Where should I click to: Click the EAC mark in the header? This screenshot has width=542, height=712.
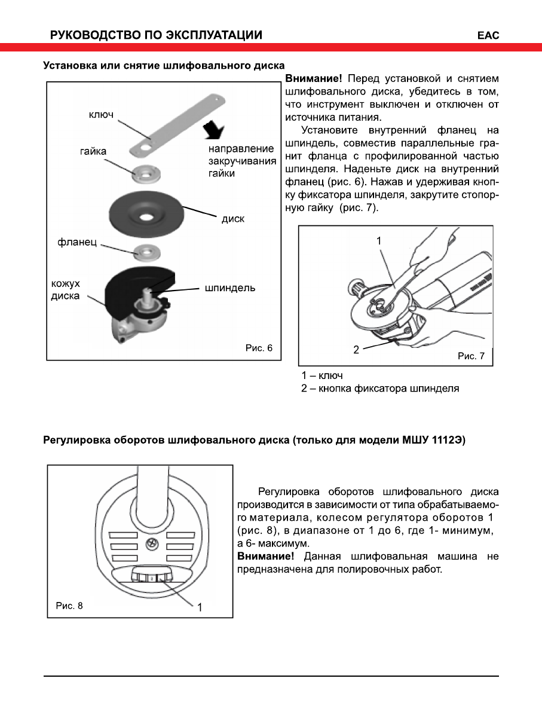[488, 35]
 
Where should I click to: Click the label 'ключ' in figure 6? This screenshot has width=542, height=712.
[101, 114]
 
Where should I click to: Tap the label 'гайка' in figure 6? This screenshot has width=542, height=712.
[93, 151]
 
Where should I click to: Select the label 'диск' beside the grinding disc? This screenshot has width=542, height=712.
[232, 218]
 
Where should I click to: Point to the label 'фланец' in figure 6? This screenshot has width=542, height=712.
[77, 243]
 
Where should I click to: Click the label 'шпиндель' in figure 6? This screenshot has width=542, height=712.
[230, 288]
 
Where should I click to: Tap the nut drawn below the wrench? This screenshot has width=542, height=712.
[145, 173]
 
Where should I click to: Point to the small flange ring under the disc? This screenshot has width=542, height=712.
[144, 251]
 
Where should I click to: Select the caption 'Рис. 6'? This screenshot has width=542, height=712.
[259, 347]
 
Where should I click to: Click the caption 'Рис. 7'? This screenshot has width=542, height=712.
[471, 356]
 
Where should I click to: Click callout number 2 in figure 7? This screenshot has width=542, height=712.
[356, 350]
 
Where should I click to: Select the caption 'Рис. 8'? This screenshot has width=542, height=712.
[69, 606]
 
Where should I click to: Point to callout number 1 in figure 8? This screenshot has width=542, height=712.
[200, 607]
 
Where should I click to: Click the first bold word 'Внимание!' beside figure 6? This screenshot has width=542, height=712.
[314, 78]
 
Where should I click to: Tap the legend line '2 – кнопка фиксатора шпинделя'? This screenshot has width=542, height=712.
[380, 389]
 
